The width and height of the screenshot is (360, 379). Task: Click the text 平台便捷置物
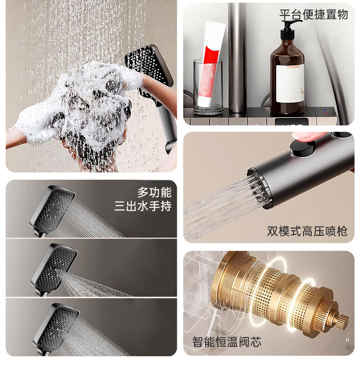click(x=314, y=15)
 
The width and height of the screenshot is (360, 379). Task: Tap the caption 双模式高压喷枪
click(x=307, y=231)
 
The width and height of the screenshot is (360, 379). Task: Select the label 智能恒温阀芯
click(x=227, y=342)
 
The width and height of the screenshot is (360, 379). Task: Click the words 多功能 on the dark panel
click(x=154, y=192)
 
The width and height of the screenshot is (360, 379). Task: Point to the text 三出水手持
click(x=143, y=206)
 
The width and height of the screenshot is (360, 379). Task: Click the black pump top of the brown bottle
click(x=288, y=30)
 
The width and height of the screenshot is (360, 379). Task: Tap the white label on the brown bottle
click(x=290, y=83)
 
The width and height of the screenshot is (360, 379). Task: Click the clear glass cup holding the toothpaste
click(x=208, y=87)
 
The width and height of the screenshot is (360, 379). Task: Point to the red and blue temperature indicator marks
click(x=325, y=112)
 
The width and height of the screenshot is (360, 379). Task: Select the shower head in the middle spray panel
click(x=55, y=269)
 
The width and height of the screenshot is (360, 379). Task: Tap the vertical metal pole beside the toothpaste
click(x=237, y=58)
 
